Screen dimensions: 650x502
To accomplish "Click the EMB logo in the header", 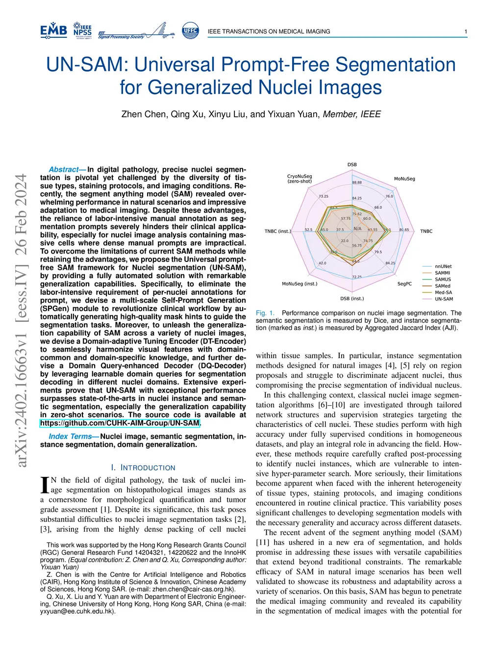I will click(53, 30).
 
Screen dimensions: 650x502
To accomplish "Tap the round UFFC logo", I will click(190, 30).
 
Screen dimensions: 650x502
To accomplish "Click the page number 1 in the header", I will click(465, 31).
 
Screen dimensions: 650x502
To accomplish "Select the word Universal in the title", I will click(174, 65).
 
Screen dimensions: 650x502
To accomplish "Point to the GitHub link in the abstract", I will click(120, 423).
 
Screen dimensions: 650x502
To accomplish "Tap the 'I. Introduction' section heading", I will click(143, 468).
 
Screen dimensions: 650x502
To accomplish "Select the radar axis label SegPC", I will click(404, 284).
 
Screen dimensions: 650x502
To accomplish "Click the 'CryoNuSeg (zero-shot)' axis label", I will click(300, 179).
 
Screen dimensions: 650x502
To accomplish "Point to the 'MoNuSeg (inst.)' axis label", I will click(300, 284).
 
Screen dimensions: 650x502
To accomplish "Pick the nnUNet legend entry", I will click(443, 266).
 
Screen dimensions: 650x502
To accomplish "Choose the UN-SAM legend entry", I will click(444, 299).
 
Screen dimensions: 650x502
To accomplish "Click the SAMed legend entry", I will click(442, 286).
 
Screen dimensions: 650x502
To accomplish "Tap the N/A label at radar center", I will click(357, 229).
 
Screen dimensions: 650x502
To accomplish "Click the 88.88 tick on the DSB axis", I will click(357, 182).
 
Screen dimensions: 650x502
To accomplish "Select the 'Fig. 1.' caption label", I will click(265, 313).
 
